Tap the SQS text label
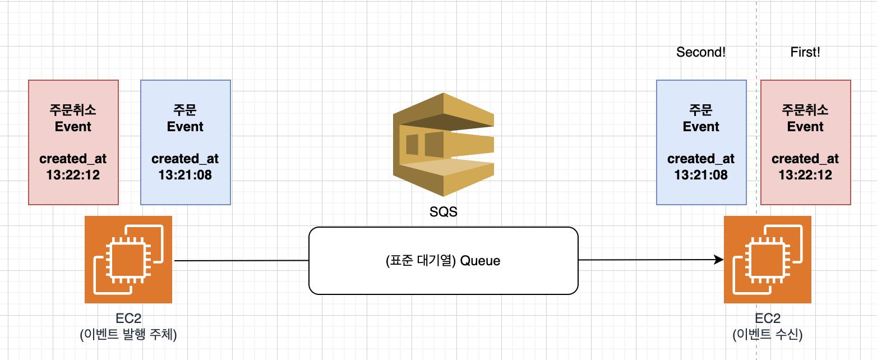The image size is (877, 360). (x=442, y=213)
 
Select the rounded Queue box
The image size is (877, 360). (x=443, y=260)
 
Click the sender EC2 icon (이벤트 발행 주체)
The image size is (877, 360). (x=128, y=260)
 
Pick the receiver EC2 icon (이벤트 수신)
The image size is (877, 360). (x=768, y=260)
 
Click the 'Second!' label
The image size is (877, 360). (x=701, y=53)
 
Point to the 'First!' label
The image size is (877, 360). (x=805, y=53)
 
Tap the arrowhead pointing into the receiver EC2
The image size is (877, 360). (x=718, y=260)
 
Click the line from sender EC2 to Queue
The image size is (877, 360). (x=241, y=261)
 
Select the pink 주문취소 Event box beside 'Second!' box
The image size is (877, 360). (x=805, y=142)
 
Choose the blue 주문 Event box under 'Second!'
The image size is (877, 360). (x=701, y=142)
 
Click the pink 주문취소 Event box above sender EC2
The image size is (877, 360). (x=73, y=142)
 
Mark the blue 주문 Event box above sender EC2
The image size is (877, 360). (x=185, y=142)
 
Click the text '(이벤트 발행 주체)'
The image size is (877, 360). (x=128, y=335)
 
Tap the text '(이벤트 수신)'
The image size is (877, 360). (x=768, y=335)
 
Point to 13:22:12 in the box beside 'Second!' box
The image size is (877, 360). (x=805, y=175)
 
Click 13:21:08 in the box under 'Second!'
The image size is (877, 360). (x=701, y=175)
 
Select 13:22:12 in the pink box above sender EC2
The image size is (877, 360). (x=73, y=175)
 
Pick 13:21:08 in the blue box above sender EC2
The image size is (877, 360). (x=185, y=175)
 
